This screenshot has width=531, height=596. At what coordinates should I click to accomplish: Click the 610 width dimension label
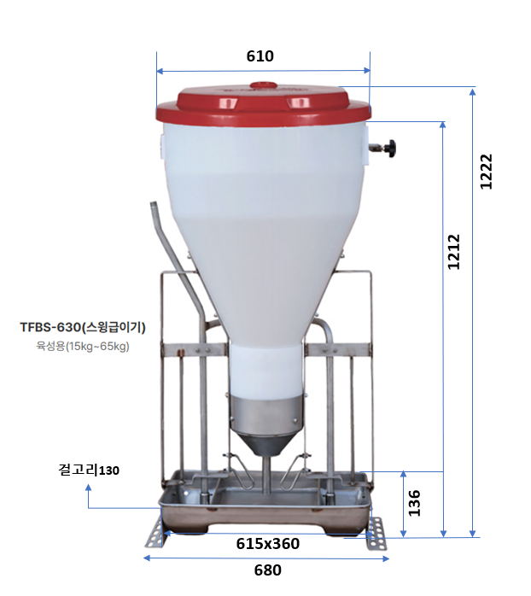click(260, 56)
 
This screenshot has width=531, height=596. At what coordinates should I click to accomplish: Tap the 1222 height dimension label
click(486, 172)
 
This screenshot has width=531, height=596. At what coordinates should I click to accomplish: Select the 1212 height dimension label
click(453, 252)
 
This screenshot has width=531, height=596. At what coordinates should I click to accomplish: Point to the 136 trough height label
click(414, 503)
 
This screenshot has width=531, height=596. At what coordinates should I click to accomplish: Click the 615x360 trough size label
click(267, 544)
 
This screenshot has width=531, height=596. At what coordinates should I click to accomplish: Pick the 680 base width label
click(267, 570)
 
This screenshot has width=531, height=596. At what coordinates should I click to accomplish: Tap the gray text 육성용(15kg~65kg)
click(83, 347)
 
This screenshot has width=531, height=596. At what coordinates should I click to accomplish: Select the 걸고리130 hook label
click(89, 470)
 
